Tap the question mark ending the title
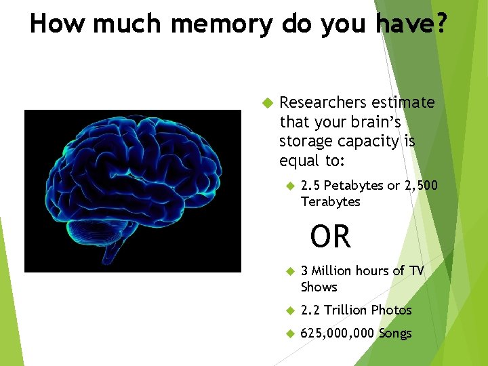point(440,24)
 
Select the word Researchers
point(323,102)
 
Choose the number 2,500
point(420,186)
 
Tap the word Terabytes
point(330,202)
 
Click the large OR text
point(331,237)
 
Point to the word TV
point(416,271)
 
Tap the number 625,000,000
point(338,333)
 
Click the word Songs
point(395,333)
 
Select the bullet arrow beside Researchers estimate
point(266,103)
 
